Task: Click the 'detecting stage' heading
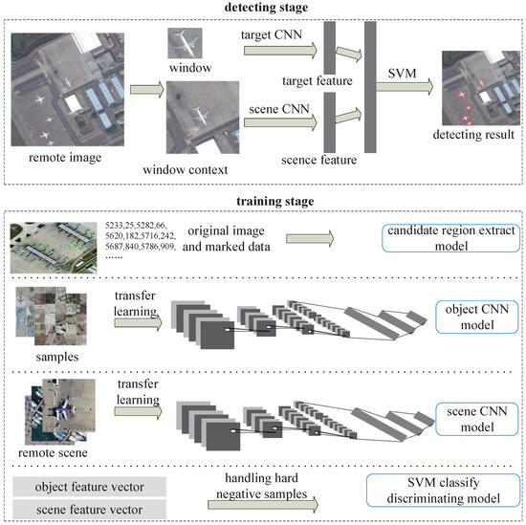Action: point(264,9)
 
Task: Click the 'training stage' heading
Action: point(264,203)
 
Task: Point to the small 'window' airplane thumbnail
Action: point(185,42)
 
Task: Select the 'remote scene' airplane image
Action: point(55,407)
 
